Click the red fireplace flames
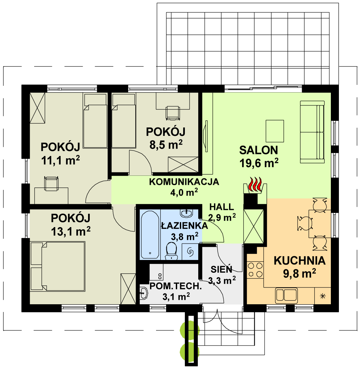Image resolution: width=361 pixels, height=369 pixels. click(255, 185)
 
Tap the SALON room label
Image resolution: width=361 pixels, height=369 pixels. click(259, 150)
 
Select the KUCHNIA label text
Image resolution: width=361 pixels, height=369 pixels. click(300, 261)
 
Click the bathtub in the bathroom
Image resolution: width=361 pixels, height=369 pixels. click(150, 234)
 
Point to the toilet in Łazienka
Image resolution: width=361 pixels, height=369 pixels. click(171, 251)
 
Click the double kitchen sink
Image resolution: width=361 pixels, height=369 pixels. click(286, 295)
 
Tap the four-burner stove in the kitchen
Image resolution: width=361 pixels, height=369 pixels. click(255, 270)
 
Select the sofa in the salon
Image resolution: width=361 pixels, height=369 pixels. click(312, 132)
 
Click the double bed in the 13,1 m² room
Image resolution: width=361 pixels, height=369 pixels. click(58, 266)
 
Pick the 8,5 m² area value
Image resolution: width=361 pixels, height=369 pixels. click(166, 144)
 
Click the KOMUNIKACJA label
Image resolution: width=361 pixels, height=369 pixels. click(184, 182)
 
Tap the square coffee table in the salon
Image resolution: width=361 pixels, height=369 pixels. click(275, 131)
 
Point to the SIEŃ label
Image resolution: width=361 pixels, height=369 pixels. click(221, 269)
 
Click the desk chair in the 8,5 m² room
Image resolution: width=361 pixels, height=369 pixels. click(173, 113)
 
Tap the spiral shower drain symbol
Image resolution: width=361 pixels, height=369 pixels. click(190, 252)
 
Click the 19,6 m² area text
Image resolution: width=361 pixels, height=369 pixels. click(259, 163)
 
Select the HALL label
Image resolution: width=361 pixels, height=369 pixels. click(221, 207)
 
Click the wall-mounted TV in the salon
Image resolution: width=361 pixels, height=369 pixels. click(206, 136)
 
